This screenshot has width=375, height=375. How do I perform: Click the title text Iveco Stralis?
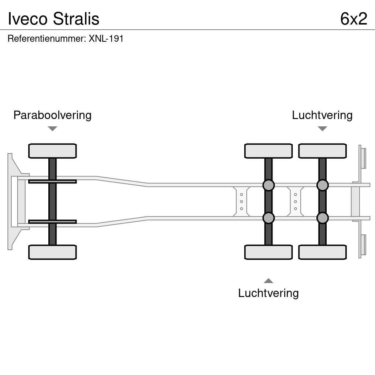53,19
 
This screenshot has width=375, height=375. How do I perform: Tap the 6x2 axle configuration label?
353,19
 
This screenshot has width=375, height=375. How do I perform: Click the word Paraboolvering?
52,115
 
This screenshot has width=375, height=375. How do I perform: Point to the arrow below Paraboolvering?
52,129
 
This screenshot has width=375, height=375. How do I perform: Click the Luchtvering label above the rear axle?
322,115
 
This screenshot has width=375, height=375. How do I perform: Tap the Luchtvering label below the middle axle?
268,293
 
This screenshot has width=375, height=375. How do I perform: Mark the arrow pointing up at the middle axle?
268,281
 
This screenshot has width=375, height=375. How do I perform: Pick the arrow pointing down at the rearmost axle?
322,129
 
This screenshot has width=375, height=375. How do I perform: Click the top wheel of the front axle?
52,151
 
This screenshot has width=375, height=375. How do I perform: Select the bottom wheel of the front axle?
52,252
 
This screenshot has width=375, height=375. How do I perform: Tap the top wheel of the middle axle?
268,151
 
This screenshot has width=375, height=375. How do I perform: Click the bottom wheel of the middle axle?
268,252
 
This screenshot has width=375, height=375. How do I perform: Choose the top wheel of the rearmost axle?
322,151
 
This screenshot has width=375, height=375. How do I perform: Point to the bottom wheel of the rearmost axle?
322,252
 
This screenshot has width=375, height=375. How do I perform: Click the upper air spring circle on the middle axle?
268,185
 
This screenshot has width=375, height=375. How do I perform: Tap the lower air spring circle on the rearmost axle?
322,218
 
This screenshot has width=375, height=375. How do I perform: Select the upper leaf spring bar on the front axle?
52,181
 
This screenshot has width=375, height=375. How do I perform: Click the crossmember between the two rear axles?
296,201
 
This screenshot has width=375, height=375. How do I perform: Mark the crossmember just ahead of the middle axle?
241,201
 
